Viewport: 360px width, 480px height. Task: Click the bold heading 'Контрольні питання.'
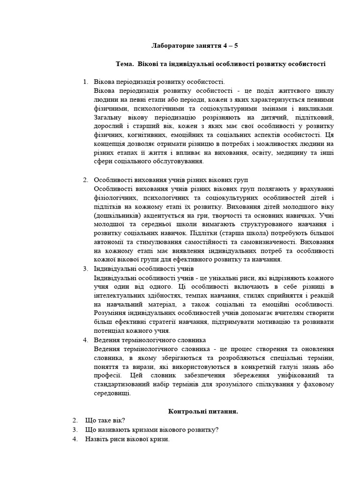[x=203, y=411]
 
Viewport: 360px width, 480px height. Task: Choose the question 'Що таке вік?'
[x=105, y=420]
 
